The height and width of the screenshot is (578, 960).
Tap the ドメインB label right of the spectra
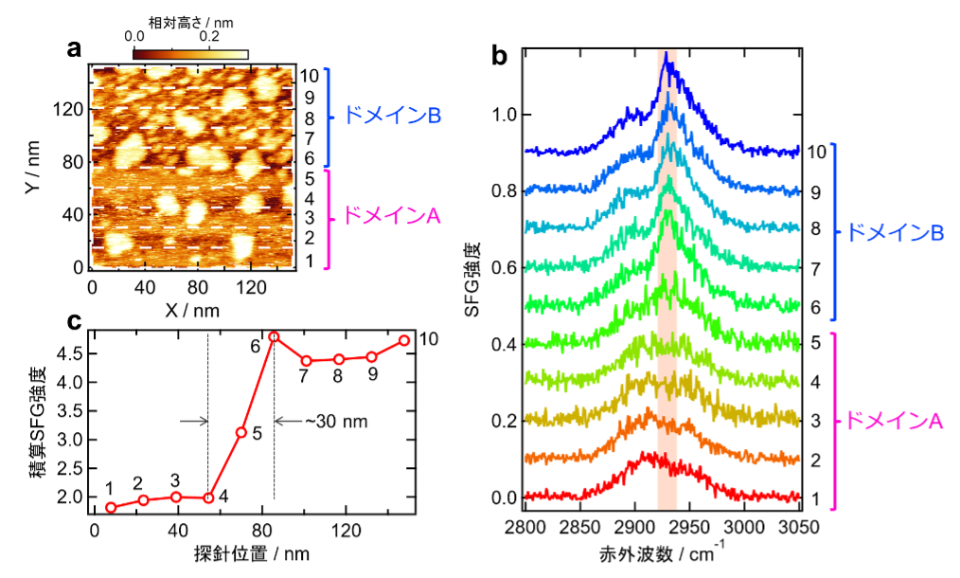click(894, 232)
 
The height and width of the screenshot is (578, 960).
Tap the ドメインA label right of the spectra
click(894, 422)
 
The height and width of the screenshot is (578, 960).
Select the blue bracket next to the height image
click(328, 118)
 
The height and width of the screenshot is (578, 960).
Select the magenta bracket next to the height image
click(328, 220)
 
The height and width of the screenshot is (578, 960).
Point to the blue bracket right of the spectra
click(834, 232)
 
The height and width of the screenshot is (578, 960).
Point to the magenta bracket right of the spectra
click(834, 422)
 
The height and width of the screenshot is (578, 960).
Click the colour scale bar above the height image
click(190, 55)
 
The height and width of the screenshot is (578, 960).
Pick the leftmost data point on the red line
click(111, 508)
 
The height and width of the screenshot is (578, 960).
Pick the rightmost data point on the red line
click(404, 340)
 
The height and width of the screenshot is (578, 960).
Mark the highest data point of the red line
click(274, 337)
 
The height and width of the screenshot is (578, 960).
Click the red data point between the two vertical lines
click(241, 432)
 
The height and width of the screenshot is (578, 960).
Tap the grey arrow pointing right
click(193, 422)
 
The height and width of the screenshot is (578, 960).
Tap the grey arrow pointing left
click(290, 421)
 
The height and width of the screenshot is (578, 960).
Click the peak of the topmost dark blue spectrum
click(667, 59)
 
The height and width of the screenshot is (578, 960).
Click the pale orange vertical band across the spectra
click(667, 284)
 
